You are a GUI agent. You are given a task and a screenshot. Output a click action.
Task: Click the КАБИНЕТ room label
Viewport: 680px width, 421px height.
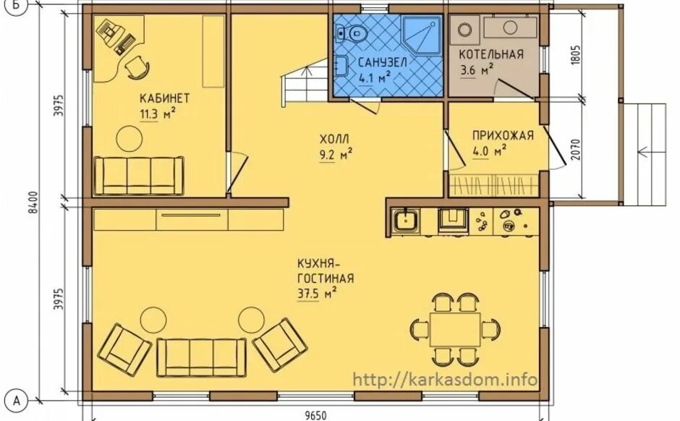164,98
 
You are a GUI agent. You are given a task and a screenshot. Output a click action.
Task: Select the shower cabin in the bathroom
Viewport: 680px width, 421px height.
422,35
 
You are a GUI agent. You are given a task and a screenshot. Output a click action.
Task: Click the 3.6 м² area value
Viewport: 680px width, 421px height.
477,70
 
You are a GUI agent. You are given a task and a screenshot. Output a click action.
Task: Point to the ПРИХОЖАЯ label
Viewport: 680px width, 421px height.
503,135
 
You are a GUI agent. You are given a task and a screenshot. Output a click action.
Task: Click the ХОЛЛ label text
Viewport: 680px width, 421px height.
334,139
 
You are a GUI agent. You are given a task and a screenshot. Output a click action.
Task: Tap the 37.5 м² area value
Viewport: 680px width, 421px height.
318,294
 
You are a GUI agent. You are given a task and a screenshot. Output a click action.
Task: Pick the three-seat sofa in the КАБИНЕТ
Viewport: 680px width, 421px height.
139,176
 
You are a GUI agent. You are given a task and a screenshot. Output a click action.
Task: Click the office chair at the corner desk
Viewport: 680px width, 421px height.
137,67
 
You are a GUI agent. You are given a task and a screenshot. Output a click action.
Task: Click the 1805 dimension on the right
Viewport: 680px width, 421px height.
576,55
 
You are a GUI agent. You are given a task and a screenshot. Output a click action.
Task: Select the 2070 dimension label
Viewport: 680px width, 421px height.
576,149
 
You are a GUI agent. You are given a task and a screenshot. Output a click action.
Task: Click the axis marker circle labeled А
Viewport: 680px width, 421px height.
17,400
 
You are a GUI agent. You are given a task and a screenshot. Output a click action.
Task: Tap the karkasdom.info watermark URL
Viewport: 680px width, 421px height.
446,380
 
